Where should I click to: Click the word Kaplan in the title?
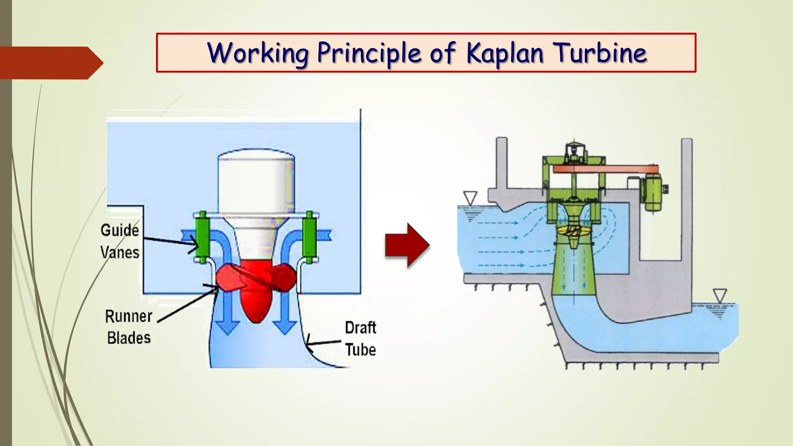[x=505, y=53]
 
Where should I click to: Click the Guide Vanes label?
[x=120, y=241]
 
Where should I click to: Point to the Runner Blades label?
[x=129, y=327]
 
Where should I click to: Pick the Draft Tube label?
[x=360, y=339]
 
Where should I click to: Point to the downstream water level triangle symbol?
[x=720, y=296]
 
